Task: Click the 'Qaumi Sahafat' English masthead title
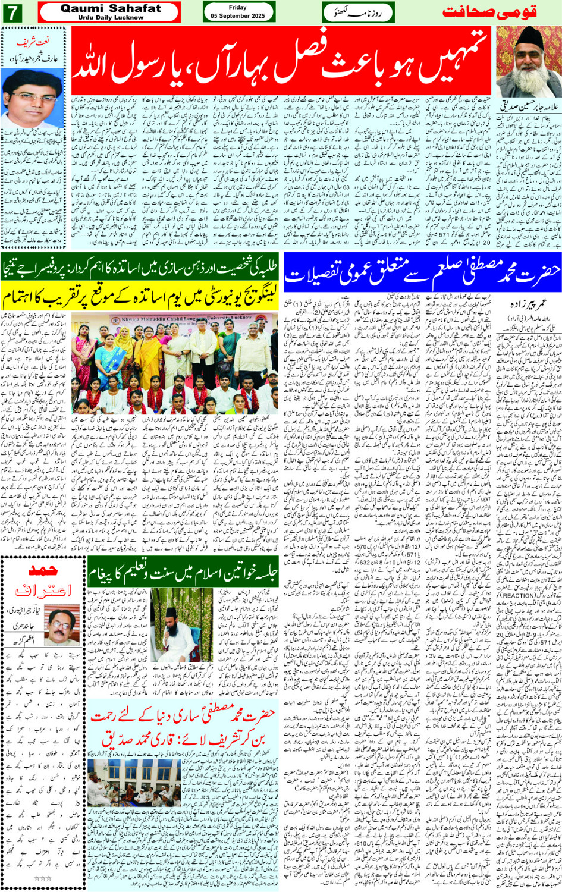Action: [x=111, y=8]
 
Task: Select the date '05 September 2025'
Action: [x=238, y=16]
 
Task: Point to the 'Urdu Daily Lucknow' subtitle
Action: [x=111, y=18]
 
